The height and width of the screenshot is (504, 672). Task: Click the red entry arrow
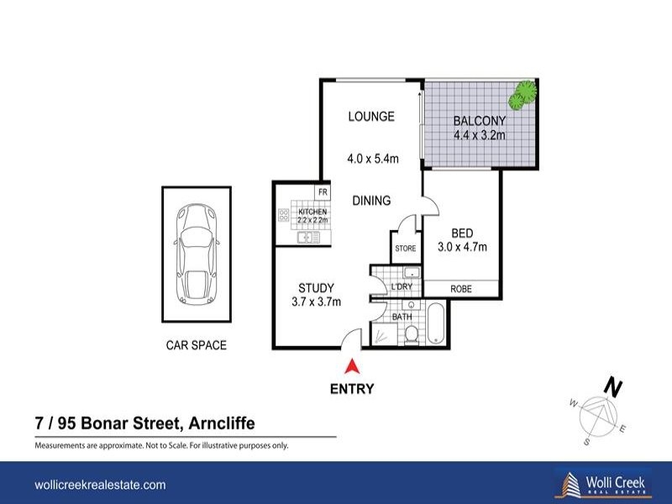tap(351, 366)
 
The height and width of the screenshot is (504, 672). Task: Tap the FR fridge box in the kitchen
tap(323, 192)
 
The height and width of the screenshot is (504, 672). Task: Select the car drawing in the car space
tap(197, 254)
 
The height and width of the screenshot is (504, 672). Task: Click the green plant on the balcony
tap(522, 94)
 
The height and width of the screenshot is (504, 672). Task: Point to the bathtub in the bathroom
tap(436, 323)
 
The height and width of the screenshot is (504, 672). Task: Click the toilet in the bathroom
tap(412, 334)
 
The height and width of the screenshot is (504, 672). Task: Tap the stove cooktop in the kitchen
tap(284, 215)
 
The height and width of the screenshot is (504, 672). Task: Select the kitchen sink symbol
tap(308, 238)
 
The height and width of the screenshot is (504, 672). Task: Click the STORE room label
tap(406, 249)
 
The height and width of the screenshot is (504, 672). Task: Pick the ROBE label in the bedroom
tap(461, 289)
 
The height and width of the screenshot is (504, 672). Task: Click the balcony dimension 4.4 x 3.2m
tap(480, 135)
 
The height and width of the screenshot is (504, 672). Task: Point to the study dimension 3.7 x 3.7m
tap(317, 302)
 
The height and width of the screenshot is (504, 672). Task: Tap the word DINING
tap(371, 201)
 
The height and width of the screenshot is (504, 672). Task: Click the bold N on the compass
tap(613, 388)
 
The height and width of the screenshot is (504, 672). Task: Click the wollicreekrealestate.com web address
tap(100, 485)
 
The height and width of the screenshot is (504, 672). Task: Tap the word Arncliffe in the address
tap(222, 423)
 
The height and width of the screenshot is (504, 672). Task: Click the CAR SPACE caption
tap(197, 345)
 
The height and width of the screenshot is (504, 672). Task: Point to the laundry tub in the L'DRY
tap(412, 272)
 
